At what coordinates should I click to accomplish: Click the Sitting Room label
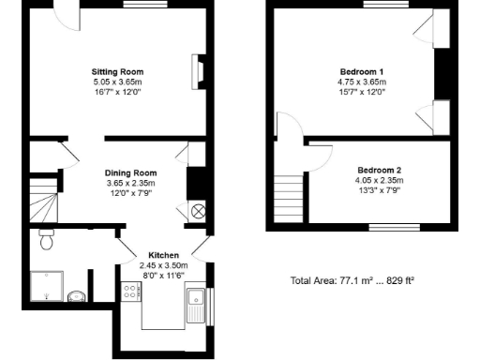(117, 71)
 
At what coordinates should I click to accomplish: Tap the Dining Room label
(130, 172)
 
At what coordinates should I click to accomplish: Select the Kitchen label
(164, 254)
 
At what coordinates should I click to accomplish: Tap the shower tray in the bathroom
(46, 287)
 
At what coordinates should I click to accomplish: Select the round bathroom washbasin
(78, 298)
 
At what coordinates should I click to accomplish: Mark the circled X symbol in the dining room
(198, 211)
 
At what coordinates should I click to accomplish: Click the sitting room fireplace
(197, 71)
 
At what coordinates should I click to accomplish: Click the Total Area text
(352, 280)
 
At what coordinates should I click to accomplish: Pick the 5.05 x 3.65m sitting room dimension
(117, 82)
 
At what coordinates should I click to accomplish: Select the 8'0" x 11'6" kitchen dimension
(164, 275)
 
